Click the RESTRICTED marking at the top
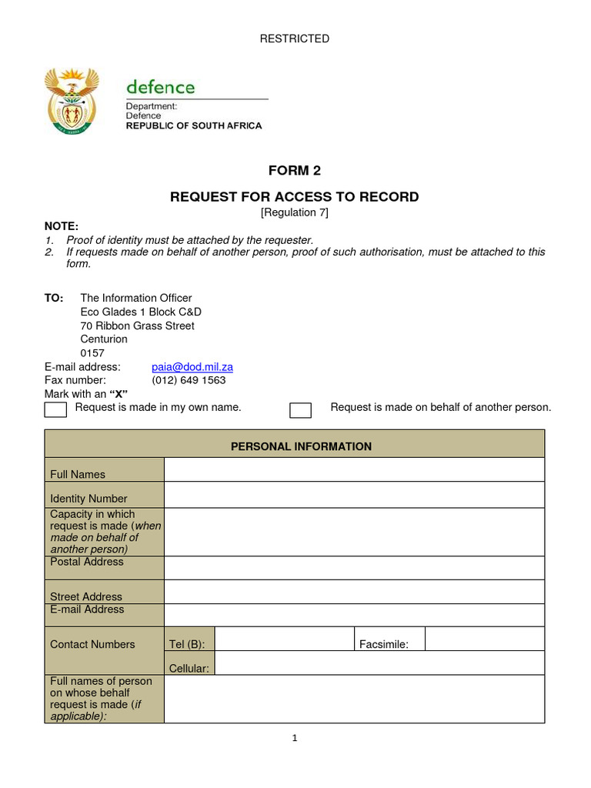295,38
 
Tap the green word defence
160,87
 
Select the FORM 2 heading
295,171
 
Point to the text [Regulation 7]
295,212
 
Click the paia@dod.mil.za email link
192,367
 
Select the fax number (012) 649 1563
189,380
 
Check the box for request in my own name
55,409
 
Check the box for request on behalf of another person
300,409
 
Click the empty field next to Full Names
354,470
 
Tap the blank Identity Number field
354,495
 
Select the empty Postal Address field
354,568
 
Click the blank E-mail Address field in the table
354,616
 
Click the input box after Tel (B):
284,639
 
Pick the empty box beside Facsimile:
484,639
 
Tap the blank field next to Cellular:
380,664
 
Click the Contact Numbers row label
92,645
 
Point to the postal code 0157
92,353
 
